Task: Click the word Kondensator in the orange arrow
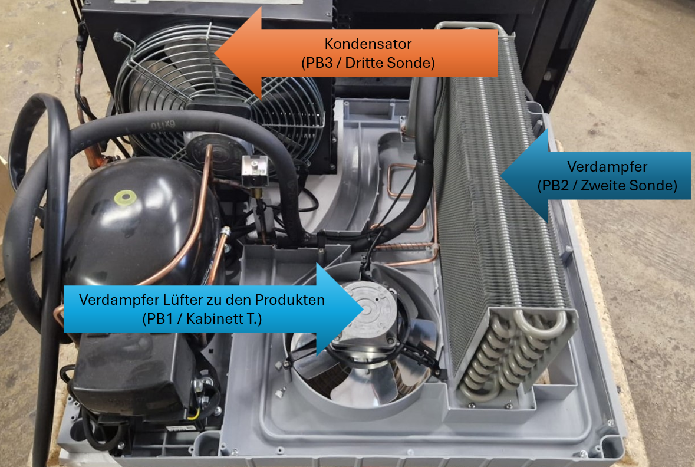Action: point(368,44)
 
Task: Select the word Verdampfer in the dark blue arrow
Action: point(607,167)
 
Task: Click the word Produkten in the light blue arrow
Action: point(289,300)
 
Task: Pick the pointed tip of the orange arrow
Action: point(215,53)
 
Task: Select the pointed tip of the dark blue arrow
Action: point(501,176)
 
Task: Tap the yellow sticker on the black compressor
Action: point(125,198)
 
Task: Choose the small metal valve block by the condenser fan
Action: point(254,171)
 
